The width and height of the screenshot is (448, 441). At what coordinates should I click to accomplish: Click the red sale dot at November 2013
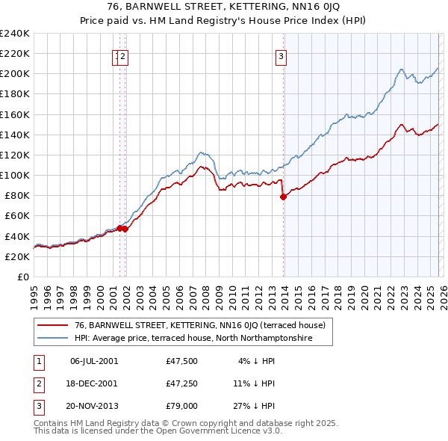coord(283,197)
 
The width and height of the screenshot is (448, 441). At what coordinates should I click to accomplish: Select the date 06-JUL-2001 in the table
coord(93,360)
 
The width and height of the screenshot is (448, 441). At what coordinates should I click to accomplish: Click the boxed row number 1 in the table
coord(37,360)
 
